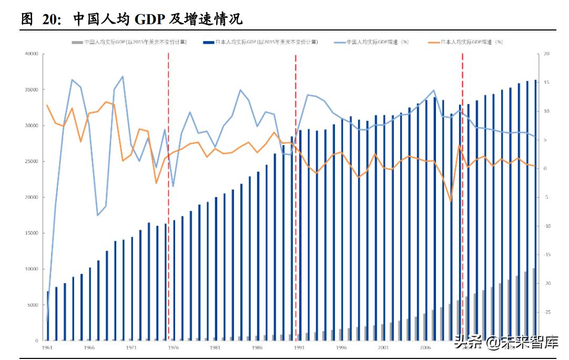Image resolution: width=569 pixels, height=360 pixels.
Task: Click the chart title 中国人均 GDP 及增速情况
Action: click(157, 19)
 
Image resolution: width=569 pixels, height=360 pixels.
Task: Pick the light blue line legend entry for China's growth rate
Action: click(371, 42)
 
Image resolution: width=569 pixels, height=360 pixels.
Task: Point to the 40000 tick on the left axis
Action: click(32, 54)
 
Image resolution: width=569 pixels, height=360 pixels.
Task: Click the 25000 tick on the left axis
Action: click(32, 161)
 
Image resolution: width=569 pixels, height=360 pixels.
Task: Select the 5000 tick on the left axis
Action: click(33, 305)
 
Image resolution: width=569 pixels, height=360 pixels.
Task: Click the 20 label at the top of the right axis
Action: click(546, 54)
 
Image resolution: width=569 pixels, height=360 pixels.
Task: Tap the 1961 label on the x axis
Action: click(47, 347)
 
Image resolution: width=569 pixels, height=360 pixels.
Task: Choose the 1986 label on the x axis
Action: click(257, 347)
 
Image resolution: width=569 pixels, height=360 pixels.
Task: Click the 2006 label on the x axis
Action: click(425, 347)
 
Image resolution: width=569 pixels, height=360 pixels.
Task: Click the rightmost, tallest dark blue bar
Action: click(535, 210)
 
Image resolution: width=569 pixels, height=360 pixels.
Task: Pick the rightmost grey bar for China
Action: click(533, 305)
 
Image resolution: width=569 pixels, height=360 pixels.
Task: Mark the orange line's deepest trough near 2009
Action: click(451, 201)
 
